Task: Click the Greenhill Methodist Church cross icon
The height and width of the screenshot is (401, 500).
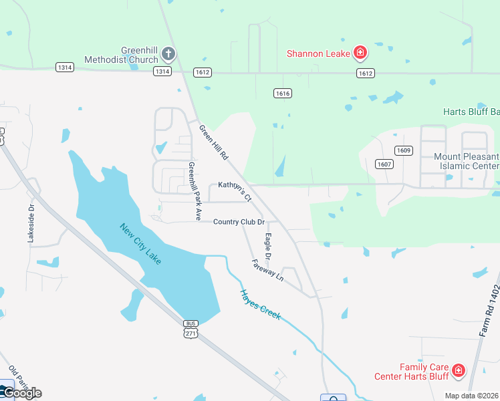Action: click(168, 53)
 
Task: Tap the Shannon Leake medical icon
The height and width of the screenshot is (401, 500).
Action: click(360, 53)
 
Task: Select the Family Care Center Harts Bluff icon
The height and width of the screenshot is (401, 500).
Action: click(459, 370)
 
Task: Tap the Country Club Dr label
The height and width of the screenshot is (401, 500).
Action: click(239, 222)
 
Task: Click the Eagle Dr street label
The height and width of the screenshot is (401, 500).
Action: click(267, 246)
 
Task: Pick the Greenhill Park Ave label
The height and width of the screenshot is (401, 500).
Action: click(195, 191)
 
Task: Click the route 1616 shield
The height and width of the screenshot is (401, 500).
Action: click(282, 94)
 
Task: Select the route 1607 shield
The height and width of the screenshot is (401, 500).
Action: click(383, 164)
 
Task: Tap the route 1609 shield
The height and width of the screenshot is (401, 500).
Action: click(402, 150)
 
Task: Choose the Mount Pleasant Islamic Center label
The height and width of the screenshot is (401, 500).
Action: click(466, 161)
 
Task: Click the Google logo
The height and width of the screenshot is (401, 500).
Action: click(21, 392)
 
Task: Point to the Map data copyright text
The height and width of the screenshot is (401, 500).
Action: click(472, 396)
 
